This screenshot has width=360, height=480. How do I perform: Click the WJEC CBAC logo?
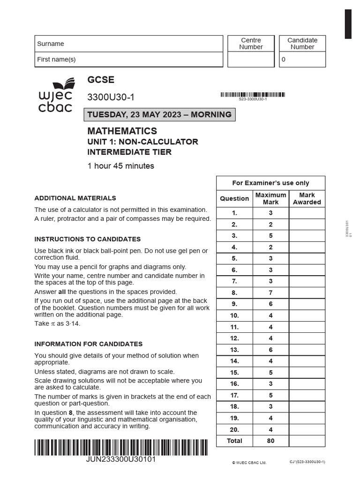pos(55,96)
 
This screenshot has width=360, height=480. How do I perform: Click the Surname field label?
pos(51,44)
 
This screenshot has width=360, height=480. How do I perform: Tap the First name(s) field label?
pos(56,60)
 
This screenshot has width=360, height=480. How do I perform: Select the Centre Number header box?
pos(251,44)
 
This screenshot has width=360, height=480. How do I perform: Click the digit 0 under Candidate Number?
pos(283,60)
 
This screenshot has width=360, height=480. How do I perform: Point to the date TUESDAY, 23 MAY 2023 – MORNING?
pos(159,114)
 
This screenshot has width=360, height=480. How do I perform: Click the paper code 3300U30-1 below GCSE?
pos(111,97)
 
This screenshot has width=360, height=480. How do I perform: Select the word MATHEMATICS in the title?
pos(122,131)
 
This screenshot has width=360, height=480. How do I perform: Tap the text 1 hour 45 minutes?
pos(120,165)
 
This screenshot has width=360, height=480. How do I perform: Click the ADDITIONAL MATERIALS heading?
pos(75,198)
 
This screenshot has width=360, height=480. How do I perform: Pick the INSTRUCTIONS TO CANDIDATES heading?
pos(87,239)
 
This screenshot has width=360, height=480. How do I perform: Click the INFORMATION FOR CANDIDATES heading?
pos(88,344)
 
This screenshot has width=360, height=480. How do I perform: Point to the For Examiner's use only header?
pos(271,183)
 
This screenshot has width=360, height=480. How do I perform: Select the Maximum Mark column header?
pos(270,198)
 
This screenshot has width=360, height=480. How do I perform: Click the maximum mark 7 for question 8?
pos(270,292)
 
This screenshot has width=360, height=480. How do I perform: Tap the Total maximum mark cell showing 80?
pos(270,441)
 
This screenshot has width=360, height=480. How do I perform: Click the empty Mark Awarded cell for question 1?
pos(307,213)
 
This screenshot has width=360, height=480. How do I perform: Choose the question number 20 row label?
pos(234,429)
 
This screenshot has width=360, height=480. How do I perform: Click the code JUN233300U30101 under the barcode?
pos(121,459)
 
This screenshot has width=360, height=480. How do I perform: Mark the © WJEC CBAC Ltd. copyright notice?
pos(249,463)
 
